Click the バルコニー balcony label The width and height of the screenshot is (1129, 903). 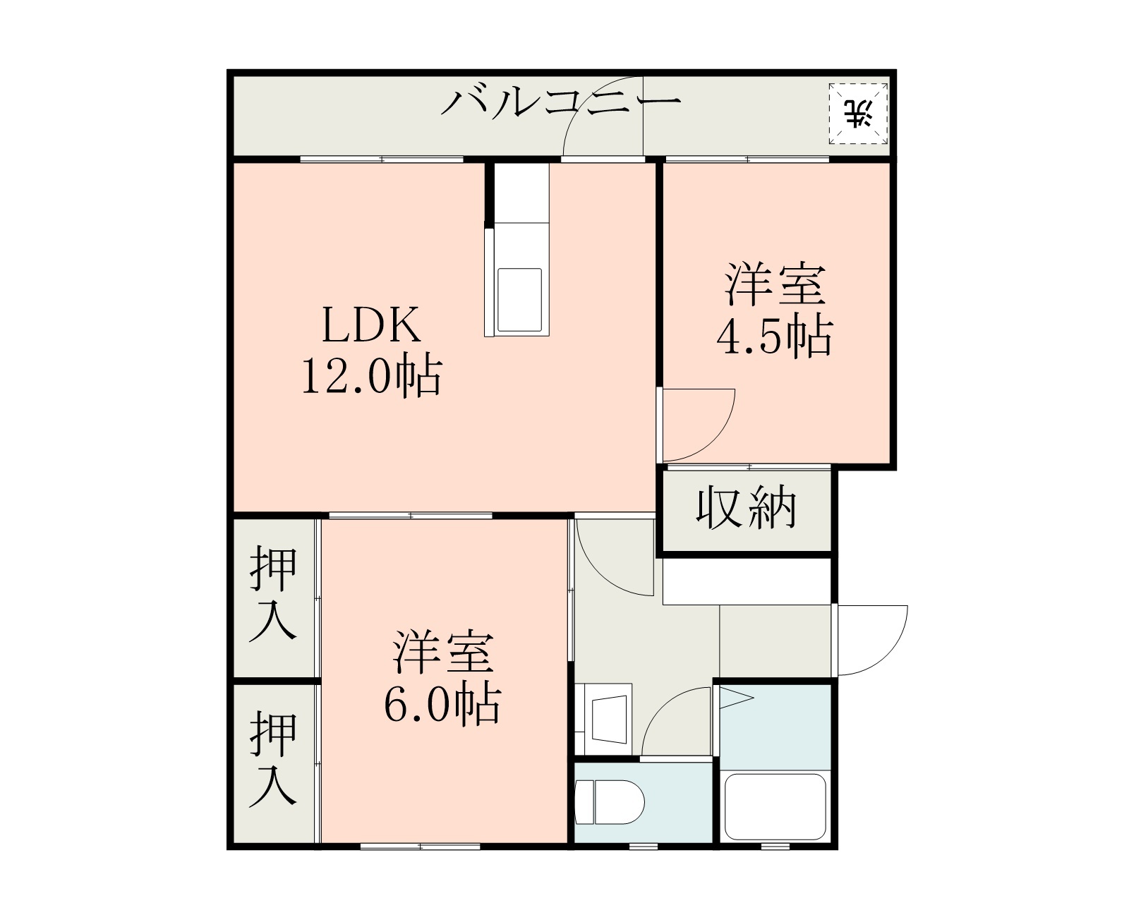pyautogui.click(x=561, y=104)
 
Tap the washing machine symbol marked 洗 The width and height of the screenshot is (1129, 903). pyautogui.click(x=859, y=114)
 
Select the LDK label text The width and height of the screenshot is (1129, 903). pyautogui.click(x=372, y=325)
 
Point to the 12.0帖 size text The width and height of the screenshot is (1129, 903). pyautogui.click(x=372, y=375)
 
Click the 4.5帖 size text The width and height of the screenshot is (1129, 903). pyautogui.click(x=775, y=337)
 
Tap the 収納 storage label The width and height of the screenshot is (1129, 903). pyautogui.click(x=747, y=507)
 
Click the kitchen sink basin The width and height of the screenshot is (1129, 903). pyautogui.click(x=519, y=300)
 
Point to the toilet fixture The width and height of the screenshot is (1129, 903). pyautogui.click(x=610, y=802)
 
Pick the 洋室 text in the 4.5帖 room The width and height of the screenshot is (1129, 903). pyautogui.click(x=775, y=285)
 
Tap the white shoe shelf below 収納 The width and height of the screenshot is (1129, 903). pyautogui.click(x=747, y=581)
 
